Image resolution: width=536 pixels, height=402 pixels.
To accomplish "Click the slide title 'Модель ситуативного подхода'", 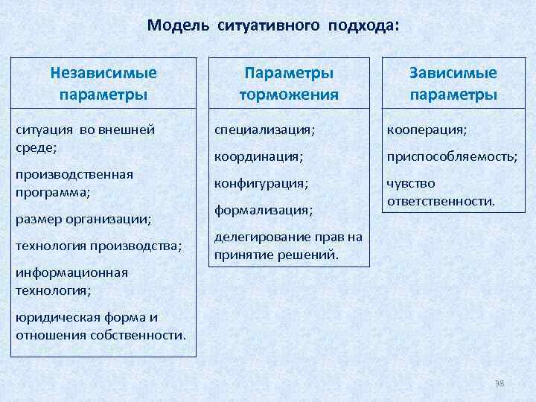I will (272, 26).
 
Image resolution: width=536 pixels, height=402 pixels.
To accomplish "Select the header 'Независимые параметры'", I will (103, 84).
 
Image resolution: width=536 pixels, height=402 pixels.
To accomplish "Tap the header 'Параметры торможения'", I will (289, 84).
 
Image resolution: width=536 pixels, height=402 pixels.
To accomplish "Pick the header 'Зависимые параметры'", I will (453, 84).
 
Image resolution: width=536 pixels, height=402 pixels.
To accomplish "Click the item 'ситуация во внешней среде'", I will (85, 138).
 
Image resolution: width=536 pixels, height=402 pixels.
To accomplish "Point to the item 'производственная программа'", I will (74, 182).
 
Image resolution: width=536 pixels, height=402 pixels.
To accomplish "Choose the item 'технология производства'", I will (98, 246).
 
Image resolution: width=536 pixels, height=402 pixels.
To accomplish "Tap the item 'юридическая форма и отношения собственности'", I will (100, 326).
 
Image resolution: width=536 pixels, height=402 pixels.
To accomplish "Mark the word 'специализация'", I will (264, 130).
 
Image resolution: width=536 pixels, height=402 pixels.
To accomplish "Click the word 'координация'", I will (258, 156).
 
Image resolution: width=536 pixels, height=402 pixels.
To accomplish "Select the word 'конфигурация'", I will (261, 183).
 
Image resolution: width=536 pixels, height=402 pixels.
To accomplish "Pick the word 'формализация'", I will (264, 210).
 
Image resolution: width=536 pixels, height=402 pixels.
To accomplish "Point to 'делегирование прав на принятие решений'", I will (288, 246).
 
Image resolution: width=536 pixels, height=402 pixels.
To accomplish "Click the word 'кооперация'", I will (427, 130).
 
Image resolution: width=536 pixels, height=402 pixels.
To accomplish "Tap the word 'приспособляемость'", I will (451, 156).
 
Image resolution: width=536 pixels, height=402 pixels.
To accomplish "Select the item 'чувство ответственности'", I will (440, 192).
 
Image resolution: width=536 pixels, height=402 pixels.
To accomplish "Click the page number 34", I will (500, 383).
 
